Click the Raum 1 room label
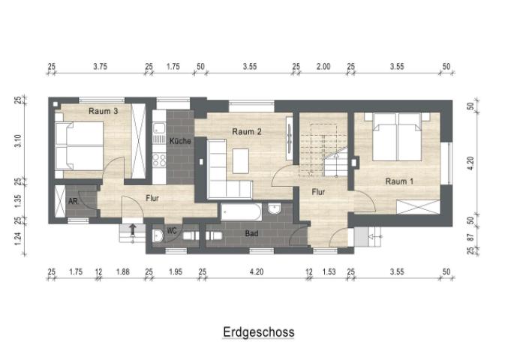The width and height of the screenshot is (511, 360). pyautogui.click(x=398, y=181)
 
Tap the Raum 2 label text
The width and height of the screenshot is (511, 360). pyautogui.click(x=246, y=132)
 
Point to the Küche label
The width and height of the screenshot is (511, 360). pyautogui.click(x=180, y=142)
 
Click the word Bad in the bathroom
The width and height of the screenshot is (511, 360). pyautogui.click(x=252, y=234)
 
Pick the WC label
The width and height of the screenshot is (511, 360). pyautogui.click(x=171, y=230)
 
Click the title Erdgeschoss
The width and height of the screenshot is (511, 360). pyautogui.click(x=258, y=331)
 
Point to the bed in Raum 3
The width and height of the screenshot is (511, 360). pyautogui.click(x=79, y=145)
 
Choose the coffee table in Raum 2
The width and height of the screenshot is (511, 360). pyautogui.click(x=240, y=160)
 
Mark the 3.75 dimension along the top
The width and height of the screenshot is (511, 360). pyautogui.click(x=101, y=67)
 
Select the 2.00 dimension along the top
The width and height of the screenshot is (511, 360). pyautogui.click(x=323, y=67)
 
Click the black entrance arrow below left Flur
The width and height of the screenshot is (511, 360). pyautogui.click(x=133, y=229)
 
